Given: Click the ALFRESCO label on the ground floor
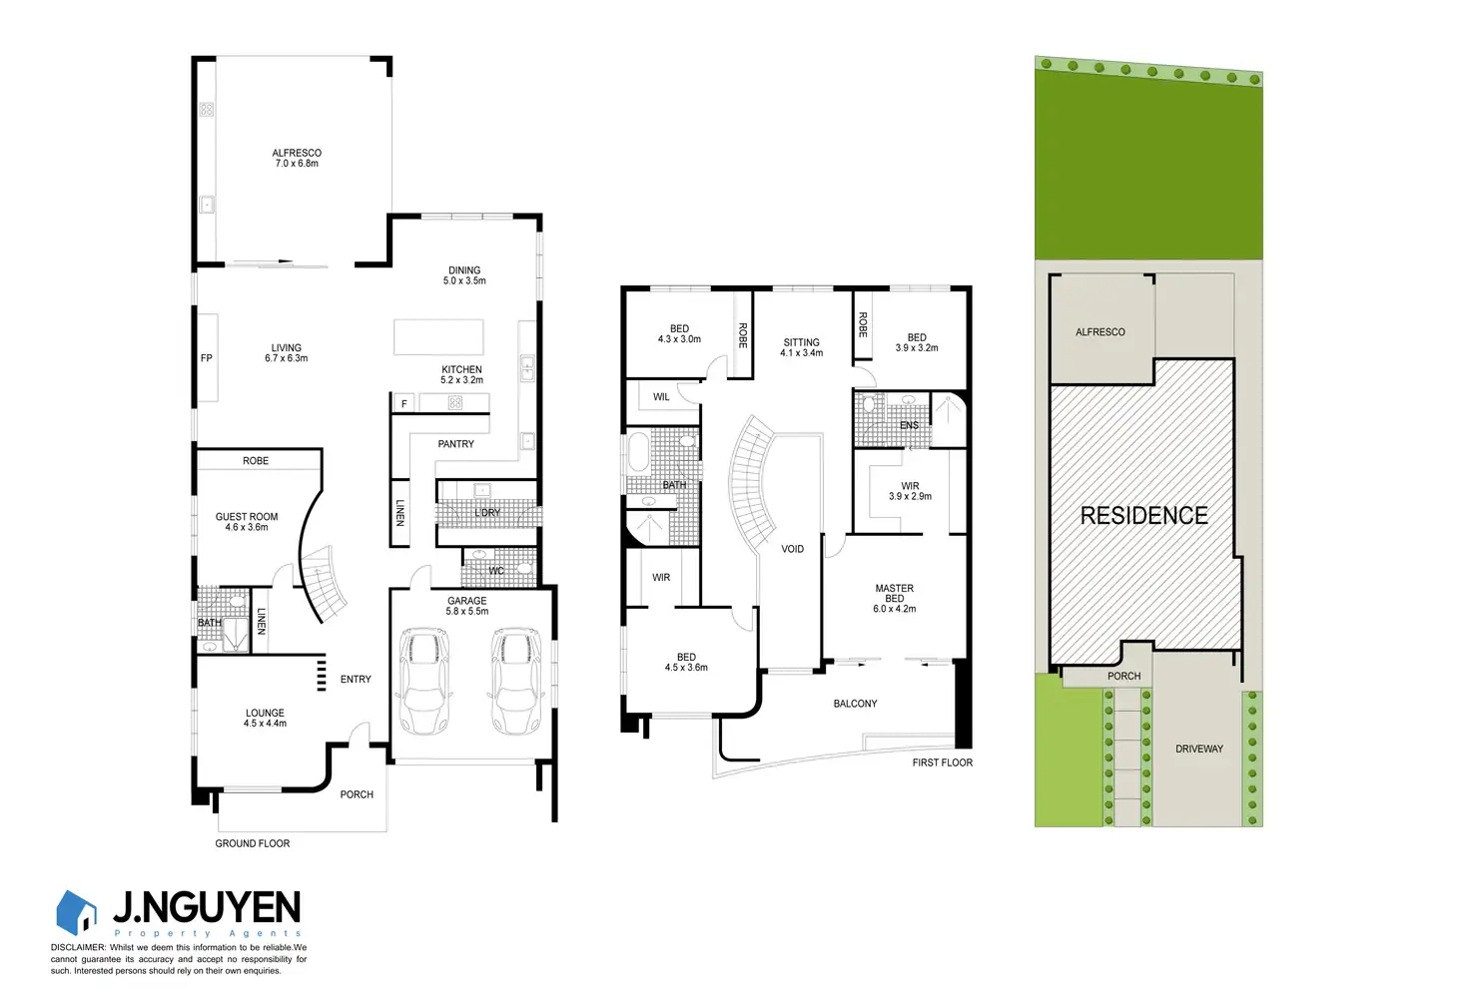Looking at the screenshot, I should [x=297, y=158].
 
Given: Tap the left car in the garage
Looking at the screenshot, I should [x=423, y=681].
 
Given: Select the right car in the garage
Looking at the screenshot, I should [x=516, y=681].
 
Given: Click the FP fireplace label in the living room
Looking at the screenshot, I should [x=207, y=358].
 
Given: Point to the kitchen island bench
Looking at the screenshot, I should [x=438, y=337].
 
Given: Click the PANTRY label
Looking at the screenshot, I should [x=455, y=444].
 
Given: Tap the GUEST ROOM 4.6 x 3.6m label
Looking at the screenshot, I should [x=247, y=522].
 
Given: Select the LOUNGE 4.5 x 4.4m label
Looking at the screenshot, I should [x=265, y=719].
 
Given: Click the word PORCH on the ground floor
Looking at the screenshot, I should [x=357, y=794].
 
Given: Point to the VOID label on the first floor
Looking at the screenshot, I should [x=792, y=549].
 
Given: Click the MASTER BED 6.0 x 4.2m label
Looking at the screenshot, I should [x=894, y=599].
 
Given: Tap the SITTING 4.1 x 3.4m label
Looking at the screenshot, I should [x=801, y=347].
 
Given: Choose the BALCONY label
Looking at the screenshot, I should [x=855, y=704].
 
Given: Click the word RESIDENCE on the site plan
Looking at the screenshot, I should [x=1143, y=515].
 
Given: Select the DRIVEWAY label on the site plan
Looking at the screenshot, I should [x=1198, y=749].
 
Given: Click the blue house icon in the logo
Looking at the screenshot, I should [x=77, y=912].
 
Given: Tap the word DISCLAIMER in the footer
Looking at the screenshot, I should [x=78, y=947].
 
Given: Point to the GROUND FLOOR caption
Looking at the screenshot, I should [x=253, y=843].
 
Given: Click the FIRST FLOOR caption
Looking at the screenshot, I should [x=942, y=762].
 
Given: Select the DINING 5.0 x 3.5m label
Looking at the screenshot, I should [x=464, y=275].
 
